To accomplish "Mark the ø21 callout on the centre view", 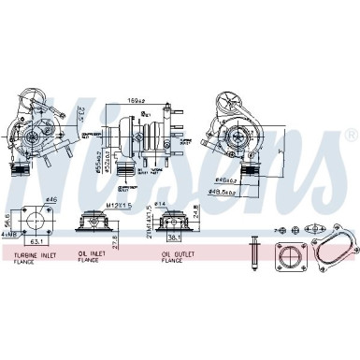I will (146, 112).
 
